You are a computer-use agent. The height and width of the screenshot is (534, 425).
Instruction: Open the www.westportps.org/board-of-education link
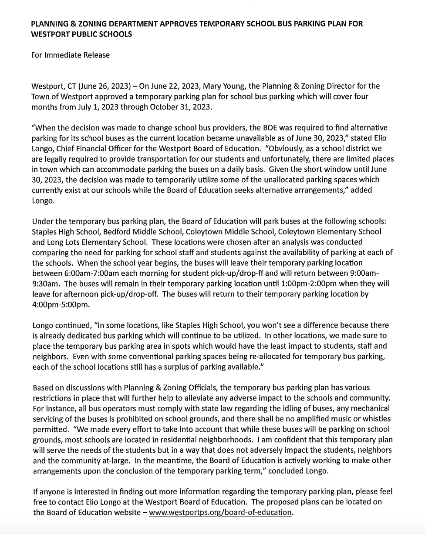click(220, 512)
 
